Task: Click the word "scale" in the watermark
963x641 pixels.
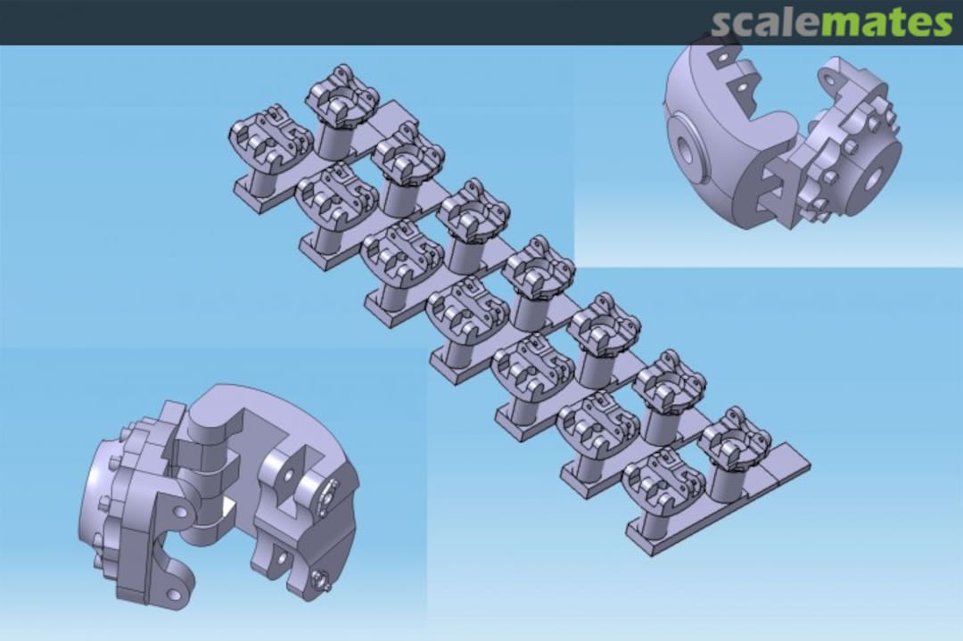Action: tap(763, 24)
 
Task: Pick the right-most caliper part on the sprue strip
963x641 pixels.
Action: tap(735, 440)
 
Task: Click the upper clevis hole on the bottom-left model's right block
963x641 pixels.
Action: tap(287, 472)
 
